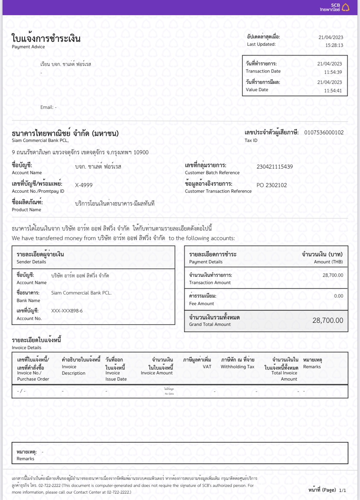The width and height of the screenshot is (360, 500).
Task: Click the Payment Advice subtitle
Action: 28,47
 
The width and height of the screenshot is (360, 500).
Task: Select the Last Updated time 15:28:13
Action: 334,45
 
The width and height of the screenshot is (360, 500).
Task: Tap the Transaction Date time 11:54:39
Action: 333,72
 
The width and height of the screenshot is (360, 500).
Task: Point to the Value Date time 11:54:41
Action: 333,90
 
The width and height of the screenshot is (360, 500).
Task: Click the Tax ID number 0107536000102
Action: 324,133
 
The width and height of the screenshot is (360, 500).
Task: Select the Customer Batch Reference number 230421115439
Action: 275,167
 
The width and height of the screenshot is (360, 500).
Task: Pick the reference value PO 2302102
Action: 272,185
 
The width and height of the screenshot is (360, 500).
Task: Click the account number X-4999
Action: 84,185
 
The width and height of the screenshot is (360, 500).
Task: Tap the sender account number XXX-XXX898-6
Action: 67,311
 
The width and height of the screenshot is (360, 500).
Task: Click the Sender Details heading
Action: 31,262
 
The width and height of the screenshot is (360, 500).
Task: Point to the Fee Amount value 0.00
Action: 338,296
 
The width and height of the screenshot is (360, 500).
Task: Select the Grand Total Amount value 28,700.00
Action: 328,320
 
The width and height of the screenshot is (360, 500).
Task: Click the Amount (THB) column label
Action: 328,262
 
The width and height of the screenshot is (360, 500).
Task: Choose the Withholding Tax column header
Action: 237,367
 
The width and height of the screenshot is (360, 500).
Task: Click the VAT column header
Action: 207,367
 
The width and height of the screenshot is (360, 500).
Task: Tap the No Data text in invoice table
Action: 169,394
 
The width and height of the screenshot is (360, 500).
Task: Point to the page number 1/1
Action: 342,490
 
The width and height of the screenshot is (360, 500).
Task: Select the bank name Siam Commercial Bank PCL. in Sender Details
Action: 81,293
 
